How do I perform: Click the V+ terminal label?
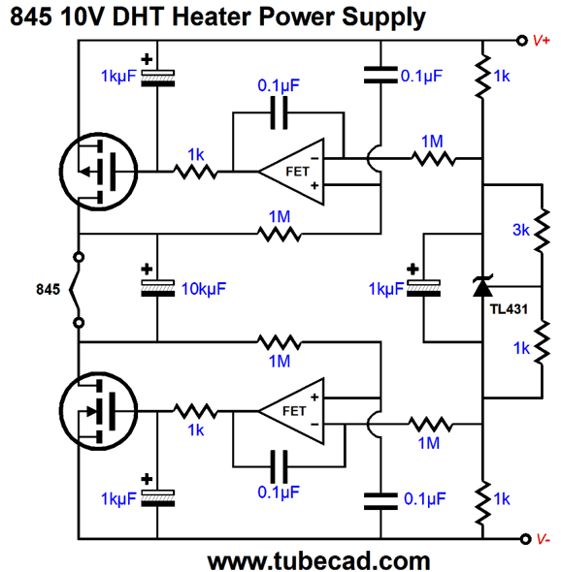coord(542,40)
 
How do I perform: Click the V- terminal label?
coord(544,539)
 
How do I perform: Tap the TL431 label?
coord(509,309)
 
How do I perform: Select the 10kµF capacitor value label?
coord(204,289)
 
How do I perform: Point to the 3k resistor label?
coord(521,230)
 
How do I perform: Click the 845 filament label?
coord(48,289)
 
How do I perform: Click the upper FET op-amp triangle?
coord(291,172)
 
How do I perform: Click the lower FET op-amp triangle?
coord(291,411)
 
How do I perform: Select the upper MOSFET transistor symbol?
coord(99,172)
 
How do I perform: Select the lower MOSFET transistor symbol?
coord(99,411)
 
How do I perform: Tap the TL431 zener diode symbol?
coord(482,286)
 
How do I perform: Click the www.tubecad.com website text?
coord(318,561)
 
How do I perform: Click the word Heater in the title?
coord(213,16)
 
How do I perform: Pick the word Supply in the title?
coord(383,17)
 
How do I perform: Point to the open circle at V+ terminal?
coord(522,40)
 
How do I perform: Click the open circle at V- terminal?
coord(525,539)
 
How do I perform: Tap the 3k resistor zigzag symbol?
coord(542,230)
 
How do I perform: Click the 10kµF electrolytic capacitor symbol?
coord(158,288)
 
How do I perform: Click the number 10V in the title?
coord(82,16)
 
